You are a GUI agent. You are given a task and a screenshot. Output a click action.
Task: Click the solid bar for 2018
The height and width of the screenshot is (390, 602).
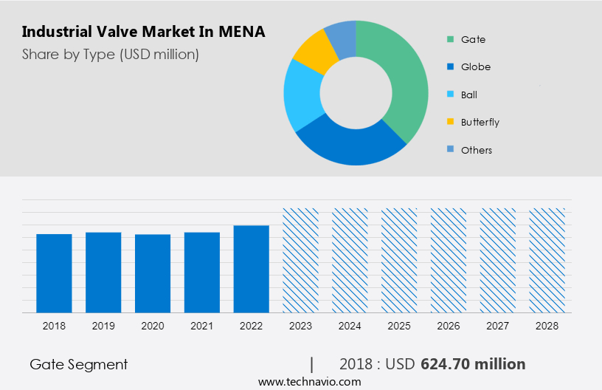point(54,273)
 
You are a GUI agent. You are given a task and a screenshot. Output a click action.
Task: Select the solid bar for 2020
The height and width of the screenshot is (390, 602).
point(153,273)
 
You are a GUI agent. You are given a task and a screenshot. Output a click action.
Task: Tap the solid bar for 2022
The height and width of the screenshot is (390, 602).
point(252,269)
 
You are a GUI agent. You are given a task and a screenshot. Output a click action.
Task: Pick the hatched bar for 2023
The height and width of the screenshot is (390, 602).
point(301,260)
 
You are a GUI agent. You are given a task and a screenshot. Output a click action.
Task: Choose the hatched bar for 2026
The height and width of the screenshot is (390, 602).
point(449,260)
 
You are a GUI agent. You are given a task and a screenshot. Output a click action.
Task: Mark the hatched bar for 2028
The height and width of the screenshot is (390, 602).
point(547,260)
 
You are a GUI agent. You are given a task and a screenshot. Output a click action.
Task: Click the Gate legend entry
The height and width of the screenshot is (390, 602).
point(473,39)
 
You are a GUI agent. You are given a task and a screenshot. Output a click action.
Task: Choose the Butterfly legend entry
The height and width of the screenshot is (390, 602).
point(480,122)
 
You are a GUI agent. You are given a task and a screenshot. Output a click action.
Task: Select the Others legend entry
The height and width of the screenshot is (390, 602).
point(476,150)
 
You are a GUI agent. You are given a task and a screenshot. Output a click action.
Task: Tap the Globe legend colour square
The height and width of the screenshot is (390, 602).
point(449,67)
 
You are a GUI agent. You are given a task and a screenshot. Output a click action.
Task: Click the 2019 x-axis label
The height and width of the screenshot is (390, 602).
point(103,326)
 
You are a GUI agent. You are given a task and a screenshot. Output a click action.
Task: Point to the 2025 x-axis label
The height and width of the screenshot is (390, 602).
point(399,326)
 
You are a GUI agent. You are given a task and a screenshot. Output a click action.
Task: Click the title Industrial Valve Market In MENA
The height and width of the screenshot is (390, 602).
point(143,32)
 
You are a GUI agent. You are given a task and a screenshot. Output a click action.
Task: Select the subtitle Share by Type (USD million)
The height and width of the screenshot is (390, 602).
point(111,54)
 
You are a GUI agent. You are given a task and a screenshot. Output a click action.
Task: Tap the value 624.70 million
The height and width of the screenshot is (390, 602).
point(473,364)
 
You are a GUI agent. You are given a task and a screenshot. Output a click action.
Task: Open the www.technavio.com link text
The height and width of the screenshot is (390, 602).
point(309,382)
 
